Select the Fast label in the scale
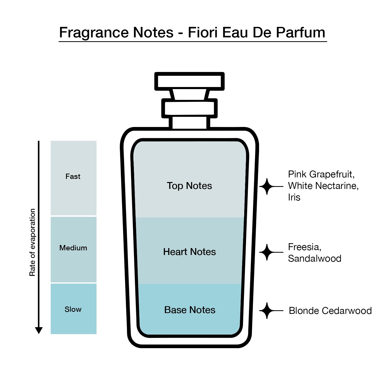click(x=73, y=176)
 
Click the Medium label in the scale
click(x=73, y=248)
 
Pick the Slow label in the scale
click(x=73, y=309)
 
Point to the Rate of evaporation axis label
click(x=32, y=242)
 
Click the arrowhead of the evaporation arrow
click(x=39, y=330)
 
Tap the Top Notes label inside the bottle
click(x=189, y=186)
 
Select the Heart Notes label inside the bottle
click(x=189, y=252)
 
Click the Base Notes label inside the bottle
click(x=190, y=310)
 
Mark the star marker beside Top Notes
click(x=267, y=187)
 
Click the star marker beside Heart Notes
click(x=267, y=252)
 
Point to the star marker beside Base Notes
click(x=267, y=311)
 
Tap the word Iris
click(x=294, y=197)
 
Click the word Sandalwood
click(x=315, y=258)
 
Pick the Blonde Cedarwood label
click(x=330, y=311)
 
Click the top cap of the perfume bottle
click(x=189, y=81)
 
